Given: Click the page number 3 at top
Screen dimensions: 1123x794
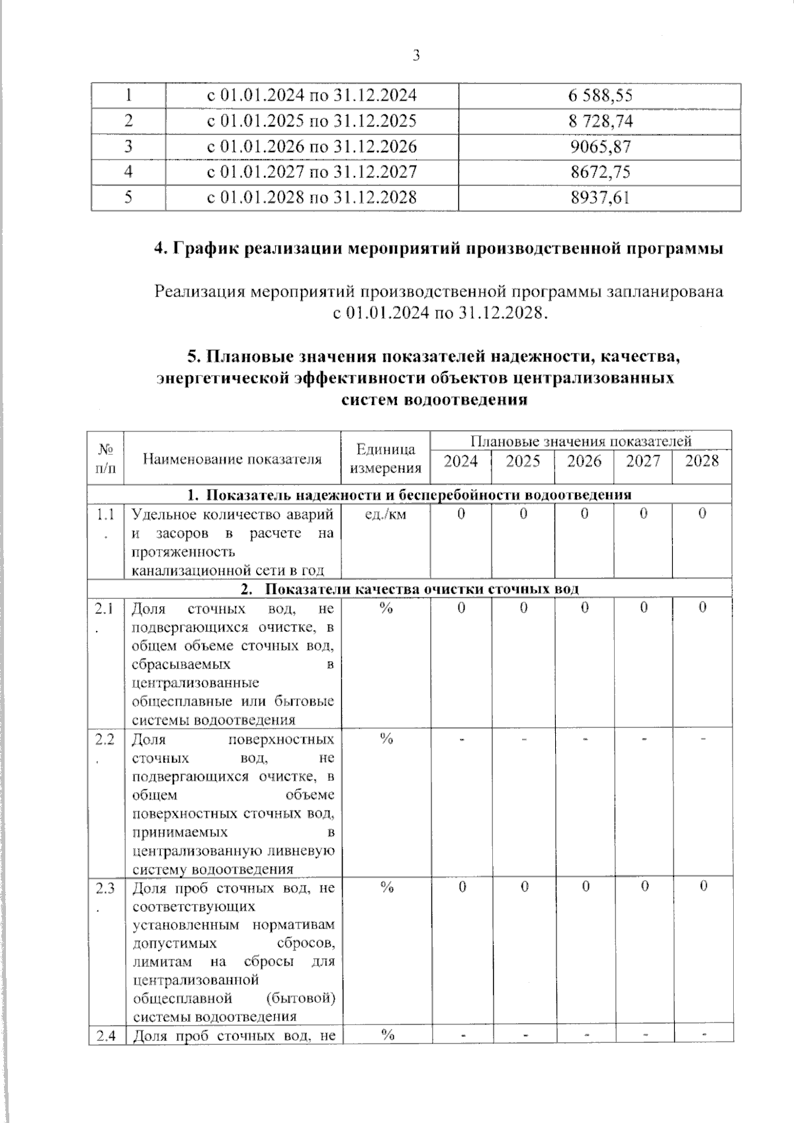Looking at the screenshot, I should (416, 56).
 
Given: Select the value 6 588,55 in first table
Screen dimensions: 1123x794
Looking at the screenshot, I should (599, 95).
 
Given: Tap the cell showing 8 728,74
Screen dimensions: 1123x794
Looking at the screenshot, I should (599, 121).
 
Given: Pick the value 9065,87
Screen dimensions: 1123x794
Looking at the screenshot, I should (599, 146).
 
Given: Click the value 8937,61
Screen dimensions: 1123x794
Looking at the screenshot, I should (599, 197).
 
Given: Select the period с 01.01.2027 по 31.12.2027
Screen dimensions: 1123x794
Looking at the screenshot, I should (312, 172).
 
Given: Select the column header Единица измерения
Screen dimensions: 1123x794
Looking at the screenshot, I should (385, 459).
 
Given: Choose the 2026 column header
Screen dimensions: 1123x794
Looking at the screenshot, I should (584, 461).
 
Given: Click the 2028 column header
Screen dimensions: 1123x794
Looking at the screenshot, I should (701, 461).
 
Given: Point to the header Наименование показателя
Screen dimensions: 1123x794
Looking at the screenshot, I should (232, 459).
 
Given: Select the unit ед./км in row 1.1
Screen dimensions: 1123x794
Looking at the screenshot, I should (385, 514).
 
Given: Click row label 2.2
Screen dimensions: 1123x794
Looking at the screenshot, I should (105, 739).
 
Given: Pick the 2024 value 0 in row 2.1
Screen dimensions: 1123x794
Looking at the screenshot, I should (461, 607).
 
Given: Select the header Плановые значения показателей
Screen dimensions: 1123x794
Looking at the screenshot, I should (580, 441).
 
